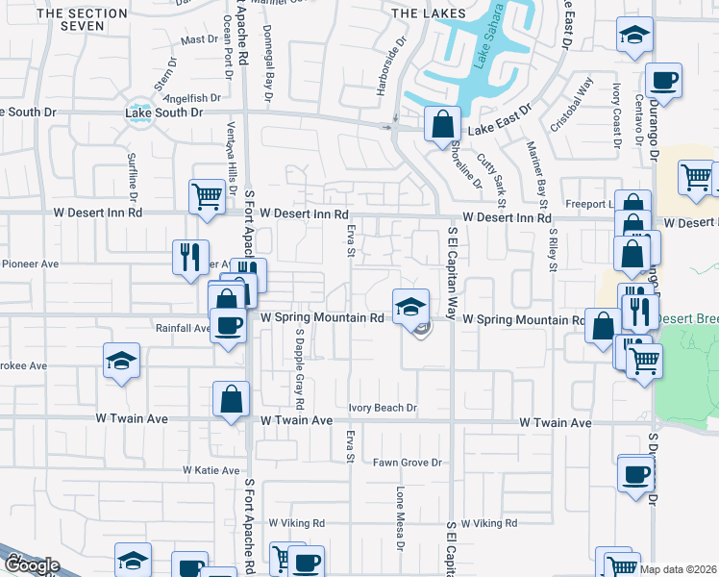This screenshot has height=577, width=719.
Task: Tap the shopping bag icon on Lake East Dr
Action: pyautogui.click(x=441, y=124)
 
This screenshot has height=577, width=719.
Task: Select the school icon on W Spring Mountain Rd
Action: pyautogui.click(x=410, y=307)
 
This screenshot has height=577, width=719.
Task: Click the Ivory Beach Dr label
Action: pyautogui.click(x=383, y=408)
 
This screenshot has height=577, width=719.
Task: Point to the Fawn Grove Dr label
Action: pyautogui.click(x=407, y=463)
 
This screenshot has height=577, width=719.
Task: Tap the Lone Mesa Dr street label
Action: pyautogui.click(x=400, y=513)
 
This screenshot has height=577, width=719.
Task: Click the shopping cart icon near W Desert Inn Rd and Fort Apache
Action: pyautogui.click(x=207, y=197)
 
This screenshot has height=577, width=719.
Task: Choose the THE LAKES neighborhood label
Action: pyautogui.click(x=429, y=13)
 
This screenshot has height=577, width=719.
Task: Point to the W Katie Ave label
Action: pyautogui.click(x=211, y=470)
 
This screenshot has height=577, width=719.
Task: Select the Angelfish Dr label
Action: pyautogui.click(x=192, y=98)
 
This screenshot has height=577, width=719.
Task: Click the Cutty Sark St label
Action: pyautogui.click(x=500, y=179)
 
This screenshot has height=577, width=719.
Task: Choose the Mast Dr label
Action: pyautogui.click(x=200, y=39)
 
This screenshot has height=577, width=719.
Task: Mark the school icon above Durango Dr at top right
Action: pyautogui.click(x=632, y=36)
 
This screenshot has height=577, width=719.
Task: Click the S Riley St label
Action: pyautogui.click(x=553, y=250)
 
